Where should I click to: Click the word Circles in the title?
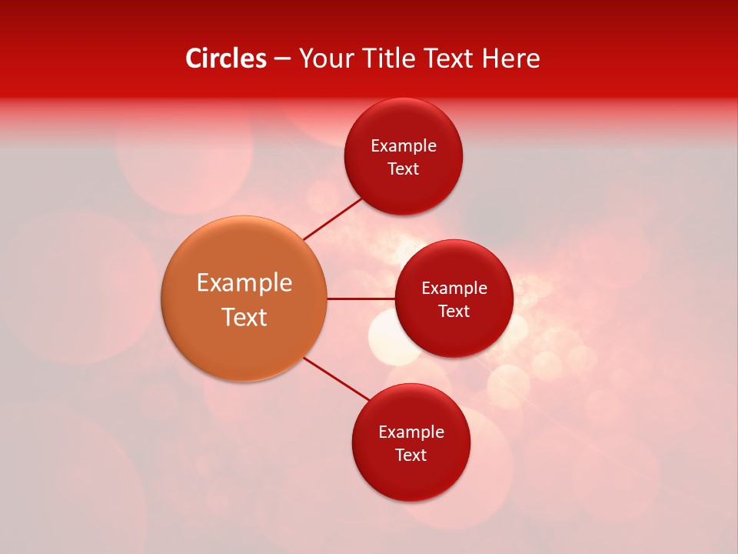[x=226, y=58]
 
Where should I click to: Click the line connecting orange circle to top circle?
[x=333, y=219]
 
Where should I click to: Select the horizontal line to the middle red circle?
[x=361, y=299]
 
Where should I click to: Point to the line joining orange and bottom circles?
[x=336, y=379]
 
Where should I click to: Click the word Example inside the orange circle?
[x=244, y=283]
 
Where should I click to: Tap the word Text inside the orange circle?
[x=244, y=317]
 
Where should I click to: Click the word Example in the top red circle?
[x=404, y=146]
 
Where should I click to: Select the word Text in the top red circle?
[x=404, y=169]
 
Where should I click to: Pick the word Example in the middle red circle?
[x=454, y=289]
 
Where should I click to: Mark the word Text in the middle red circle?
[x=454, y=311]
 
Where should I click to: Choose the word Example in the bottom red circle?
[x=411, y=432]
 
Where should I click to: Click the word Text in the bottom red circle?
[x=411, y=455]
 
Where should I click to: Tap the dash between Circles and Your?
[x=282, y=59]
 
